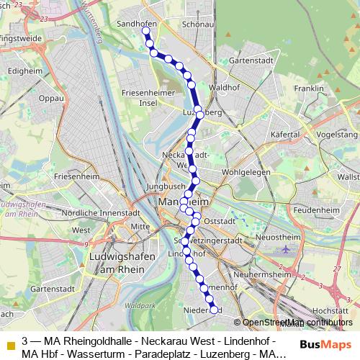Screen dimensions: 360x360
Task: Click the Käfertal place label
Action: (284, 135)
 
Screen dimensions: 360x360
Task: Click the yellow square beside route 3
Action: (10, 341)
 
